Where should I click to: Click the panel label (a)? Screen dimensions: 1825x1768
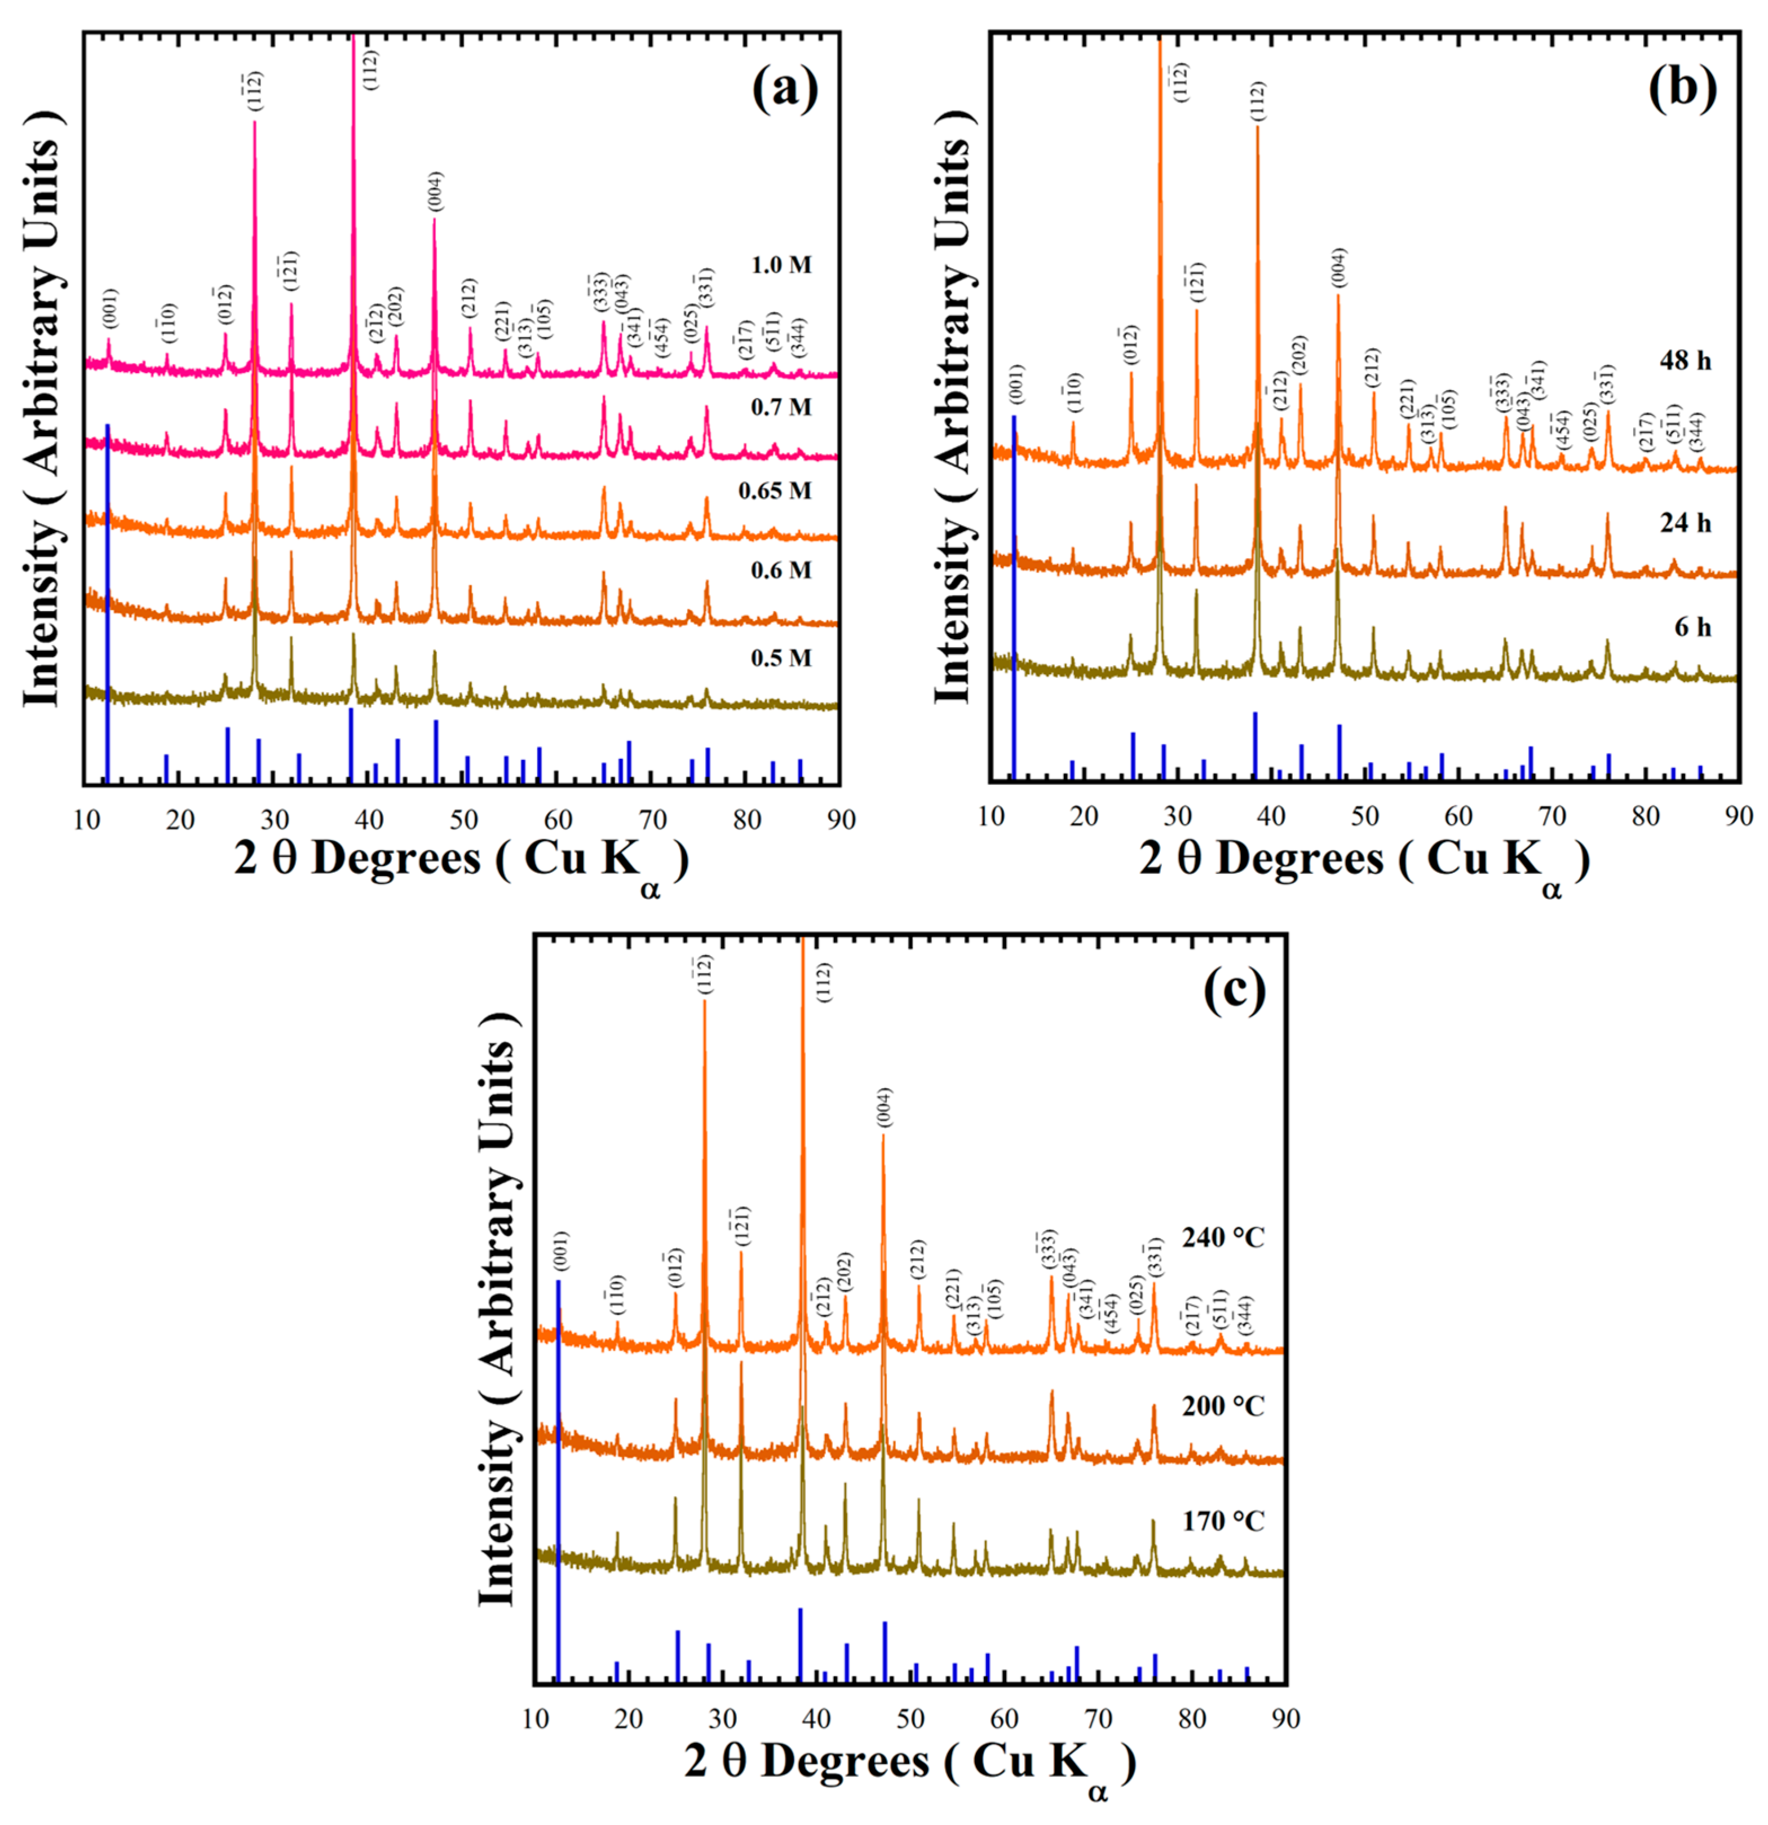pyautogui.click(x=785, y=90)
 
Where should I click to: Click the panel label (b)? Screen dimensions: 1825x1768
pyautogui.click(x=1683, y=90)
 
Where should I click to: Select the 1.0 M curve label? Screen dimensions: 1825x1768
pyautogui.click(x=781, y=266)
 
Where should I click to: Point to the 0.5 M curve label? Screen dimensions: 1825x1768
pyautogui.click(x=781, y=659)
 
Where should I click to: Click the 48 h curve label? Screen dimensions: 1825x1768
pyautogui.click(x=1685, y=360)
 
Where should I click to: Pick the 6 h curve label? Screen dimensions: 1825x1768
pyautogui.click(x=1692, y=628)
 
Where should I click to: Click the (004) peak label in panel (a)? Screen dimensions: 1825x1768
pyautogui.click(x=436, y=192)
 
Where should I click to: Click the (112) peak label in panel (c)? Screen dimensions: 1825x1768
pyautogui.click(x=824, y=982)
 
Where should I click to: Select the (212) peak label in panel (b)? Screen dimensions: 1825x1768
pyautogui.click(x=1372, y=367)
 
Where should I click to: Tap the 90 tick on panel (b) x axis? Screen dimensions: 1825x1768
pyautogui.click(x=1738, y=816)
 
